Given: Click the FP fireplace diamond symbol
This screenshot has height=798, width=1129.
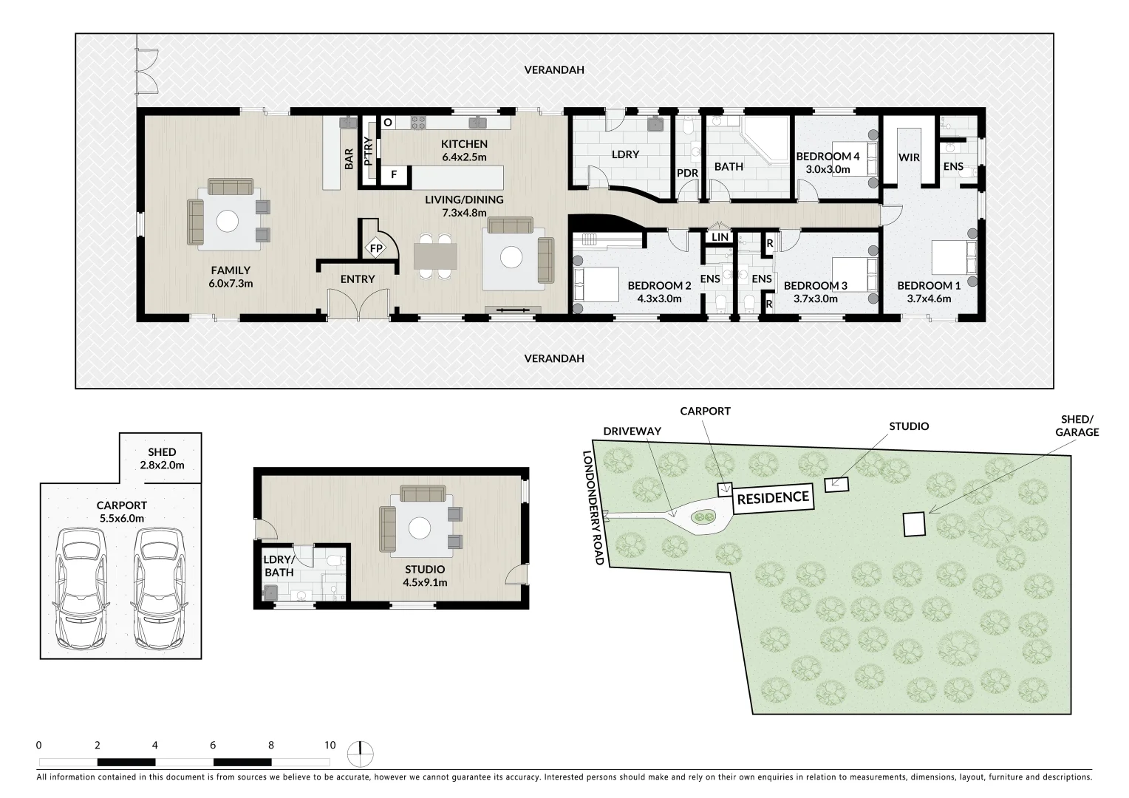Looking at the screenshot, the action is click(x=376, y=248).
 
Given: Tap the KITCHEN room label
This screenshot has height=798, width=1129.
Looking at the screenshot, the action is click(x=464, y=143).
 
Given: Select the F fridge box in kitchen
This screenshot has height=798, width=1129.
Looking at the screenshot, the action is click(x=394, y=174).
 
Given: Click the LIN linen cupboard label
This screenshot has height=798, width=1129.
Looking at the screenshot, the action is click(x=720, y=236).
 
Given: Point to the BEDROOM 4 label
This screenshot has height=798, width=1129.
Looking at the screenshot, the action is click(x=828, y=156).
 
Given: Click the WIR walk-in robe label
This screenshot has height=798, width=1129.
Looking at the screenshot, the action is click(x=909, y=157).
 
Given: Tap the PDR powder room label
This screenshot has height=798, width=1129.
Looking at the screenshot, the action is click(x=687, y=173).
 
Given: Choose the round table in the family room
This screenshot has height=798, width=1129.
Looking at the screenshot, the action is click(x=228, y=221).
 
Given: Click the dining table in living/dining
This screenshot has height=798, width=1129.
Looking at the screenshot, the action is click(x=435, y=256).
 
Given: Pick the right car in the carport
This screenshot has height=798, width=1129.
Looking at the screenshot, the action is click(x=160, y=588).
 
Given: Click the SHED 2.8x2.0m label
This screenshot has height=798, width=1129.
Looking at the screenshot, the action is click(x=162, y=458).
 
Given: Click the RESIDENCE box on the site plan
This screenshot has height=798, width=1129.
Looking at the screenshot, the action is click(x=773, y=499).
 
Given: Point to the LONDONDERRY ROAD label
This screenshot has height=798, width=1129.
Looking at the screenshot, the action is click(x=593, y=507).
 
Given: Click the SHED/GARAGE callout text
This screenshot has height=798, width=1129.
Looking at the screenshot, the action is click(x=1077, y=426).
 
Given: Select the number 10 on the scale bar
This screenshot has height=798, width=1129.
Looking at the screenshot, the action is click(x=330, y=745).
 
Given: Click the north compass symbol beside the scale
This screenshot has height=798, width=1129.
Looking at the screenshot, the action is click(x=361, y=754).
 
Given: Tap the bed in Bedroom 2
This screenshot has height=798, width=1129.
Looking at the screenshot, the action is click(x=596, y=284).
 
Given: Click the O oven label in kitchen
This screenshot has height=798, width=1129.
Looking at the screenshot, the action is click(x=388, y=122).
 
